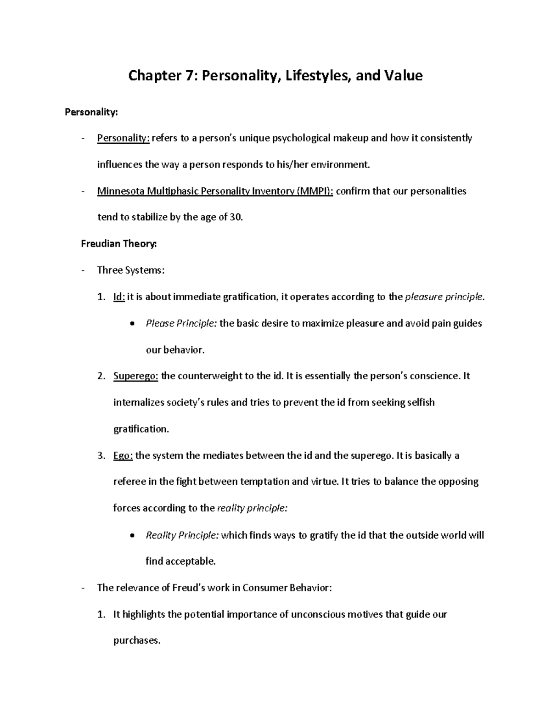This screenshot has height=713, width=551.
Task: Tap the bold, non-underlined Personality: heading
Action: point(91,112)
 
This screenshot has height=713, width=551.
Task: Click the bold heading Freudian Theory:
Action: point(118,244)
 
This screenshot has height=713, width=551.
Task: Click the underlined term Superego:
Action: point(135,376)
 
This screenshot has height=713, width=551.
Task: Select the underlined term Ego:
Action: point(123,456)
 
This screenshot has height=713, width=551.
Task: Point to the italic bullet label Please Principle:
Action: point(181,323)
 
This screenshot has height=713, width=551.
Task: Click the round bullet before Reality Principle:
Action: point(132,536)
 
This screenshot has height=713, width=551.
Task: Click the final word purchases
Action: point(136,641)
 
